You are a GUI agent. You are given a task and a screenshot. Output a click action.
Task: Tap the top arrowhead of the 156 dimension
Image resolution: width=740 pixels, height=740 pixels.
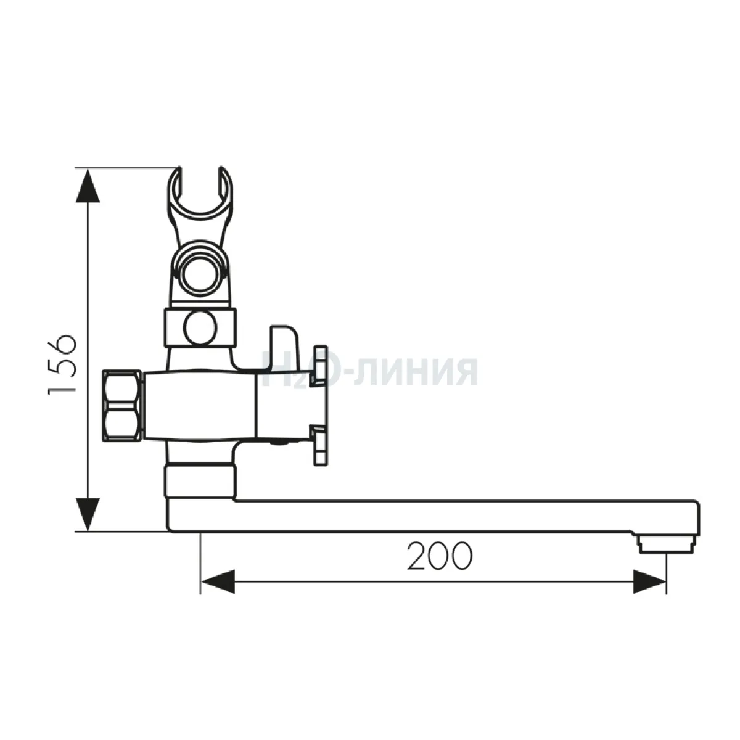click(89, 186)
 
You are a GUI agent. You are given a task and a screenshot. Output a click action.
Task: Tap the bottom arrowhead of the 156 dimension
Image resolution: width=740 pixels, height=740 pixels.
click(89, 514)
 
